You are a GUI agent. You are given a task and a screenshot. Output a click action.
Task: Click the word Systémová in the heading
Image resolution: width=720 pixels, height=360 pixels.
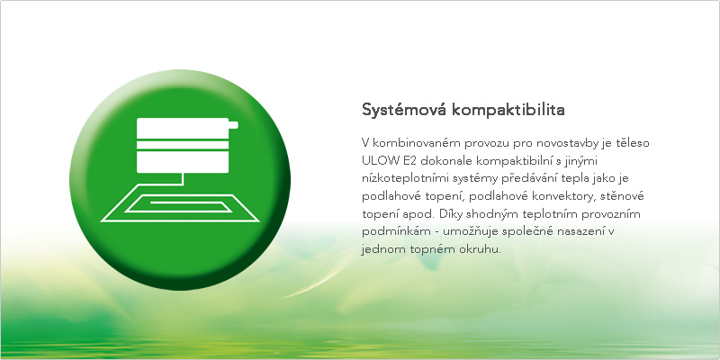coord(403,111)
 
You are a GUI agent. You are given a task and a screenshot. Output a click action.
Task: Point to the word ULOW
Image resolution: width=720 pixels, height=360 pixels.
coord(379,161)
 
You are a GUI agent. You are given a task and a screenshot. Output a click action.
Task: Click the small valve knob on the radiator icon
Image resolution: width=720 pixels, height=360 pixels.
coord(233,125)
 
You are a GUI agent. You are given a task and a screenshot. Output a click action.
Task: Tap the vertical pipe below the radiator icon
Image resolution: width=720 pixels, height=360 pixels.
coord(184,179)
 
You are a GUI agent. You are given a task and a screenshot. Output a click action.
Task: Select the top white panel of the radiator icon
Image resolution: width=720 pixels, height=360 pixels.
coord(183,127)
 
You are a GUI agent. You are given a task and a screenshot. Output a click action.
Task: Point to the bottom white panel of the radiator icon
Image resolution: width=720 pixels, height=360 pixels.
coord(183,162)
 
